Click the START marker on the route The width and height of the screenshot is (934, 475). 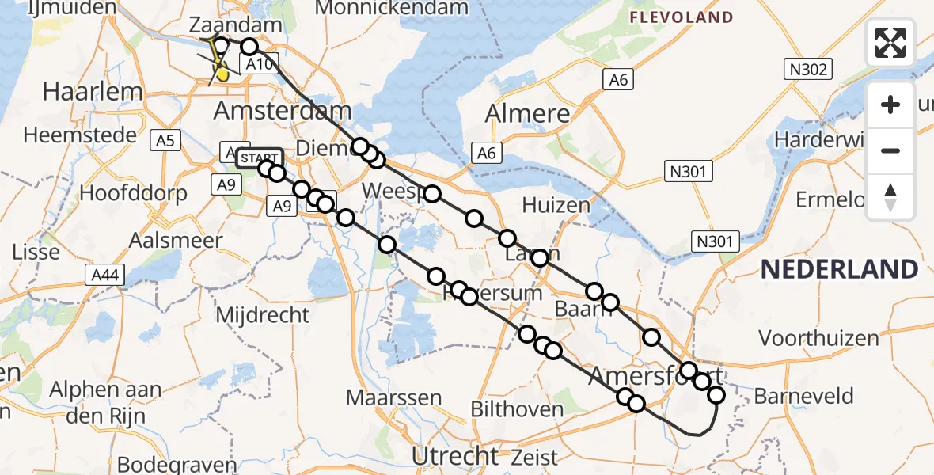[x=259, y=158]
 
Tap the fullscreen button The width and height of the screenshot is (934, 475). [x=890, y=43]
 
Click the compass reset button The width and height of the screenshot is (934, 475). [x=890, y=197]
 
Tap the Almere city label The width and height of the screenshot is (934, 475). [x=527, y=113]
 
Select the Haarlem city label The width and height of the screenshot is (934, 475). [x=93, y=90]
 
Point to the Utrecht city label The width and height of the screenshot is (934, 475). [x=455, y=456]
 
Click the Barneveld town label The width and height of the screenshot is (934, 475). [x=804, y=396]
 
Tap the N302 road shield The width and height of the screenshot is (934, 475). [x=807, y=70]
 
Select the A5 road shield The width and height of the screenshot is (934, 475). [x=166, y=141]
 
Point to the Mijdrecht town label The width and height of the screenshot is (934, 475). [x=262, y=314]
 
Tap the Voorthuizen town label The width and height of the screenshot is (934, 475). [x=818, y=339]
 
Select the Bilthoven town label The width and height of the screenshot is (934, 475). [x=518, y=408]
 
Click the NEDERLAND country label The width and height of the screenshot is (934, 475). [x=839, y=269]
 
